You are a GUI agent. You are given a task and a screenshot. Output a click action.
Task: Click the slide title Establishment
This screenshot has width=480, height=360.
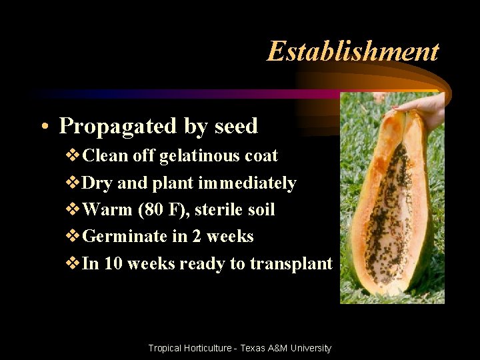pyautogui.click(x=353, y=51)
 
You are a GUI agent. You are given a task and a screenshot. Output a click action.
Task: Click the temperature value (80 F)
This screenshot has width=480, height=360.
pyautogui.click(x=163, y=210)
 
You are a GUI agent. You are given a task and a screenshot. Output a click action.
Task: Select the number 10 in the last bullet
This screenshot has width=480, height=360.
pyautogui.click(x=113, y=264)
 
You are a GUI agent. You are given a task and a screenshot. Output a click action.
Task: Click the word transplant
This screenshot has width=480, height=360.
pyautogui.click(x=291, y=264)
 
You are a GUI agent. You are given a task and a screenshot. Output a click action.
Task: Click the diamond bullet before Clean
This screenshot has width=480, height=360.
pyautogui.click(x=73, y=156)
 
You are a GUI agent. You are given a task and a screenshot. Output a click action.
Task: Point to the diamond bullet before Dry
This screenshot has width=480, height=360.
pyautogui.click(x=73, y=183)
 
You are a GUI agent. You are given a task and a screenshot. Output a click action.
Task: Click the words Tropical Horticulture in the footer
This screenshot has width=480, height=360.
pyautogui.click(x=189, y=348)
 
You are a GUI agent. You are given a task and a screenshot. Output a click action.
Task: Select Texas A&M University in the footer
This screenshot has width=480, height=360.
pyautogui.click(x=286, y=348)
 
